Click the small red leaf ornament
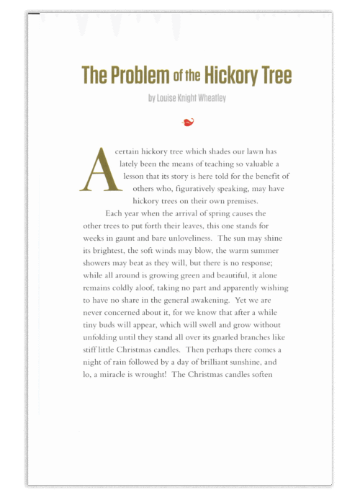188,122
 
